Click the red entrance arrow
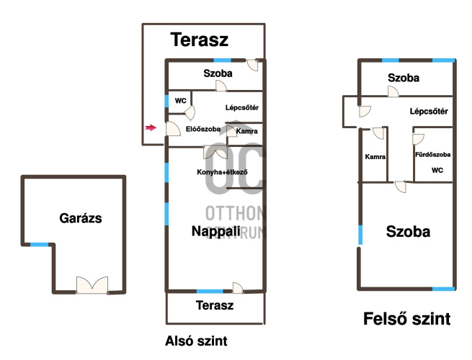[x=151, y=127]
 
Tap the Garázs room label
[x=81, y=218]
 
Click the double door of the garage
[x=92, y=285]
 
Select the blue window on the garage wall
[x=39, y=245]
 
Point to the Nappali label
[x=216, y=231]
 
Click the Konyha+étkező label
[x=222, y=172]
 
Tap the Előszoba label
[x=203, y=129]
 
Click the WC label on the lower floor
[x=181, y=101]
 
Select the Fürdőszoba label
[x=433, y=155]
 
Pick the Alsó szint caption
[x=196, y=341]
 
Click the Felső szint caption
[x=407, y=319]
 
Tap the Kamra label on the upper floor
[x=375, y=157]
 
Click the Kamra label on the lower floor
[x=247, y=131]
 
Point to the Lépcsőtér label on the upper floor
[x=429, y=112]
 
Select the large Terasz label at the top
[x=200, y=40]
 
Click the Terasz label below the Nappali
[x=215, y=305]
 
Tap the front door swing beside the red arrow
[x=173, y=128]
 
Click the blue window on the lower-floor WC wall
[x=166, y=101]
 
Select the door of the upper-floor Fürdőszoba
[x=418, y=139]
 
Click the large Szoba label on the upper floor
[x=408, y=232]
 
